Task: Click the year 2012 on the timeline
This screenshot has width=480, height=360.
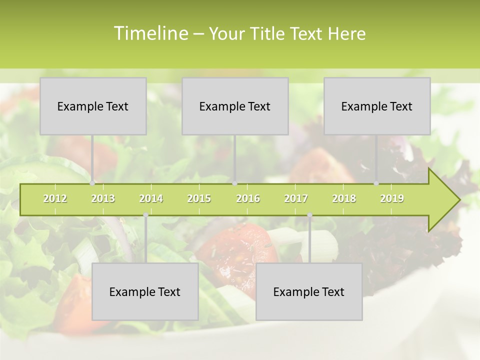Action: coord(55,198)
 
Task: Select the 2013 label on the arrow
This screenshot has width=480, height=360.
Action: coord(103,198)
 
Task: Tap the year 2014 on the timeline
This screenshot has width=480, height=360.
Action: coord(151,198)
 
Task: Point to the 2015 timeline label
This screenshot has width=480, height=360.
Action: coord(199,198)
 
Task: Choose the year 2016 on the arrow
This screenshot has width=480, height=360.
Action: coord(248,198)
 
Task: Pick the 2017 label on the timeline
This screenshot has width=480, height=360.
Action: coord(296,198)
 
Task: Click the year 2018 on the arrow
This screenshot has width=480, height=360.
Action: coord(344,198)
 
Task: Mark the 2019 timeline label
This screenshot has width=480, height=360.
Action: coord(392,198)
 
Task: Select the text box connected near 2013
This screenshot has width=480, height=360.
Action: coord(93,106)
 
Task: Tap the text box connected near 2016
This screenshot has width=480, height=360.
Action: coord(235,106)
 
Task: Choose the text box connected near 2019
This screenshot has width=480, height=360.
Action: coord(377,106)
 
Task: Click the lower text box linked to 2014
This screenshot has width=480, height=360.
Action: coord(145,291)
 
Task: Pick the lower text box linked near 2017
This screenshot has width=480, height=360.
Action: coord(309,291)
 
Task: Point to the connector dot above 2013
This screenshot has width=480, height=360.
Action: coord(92,183)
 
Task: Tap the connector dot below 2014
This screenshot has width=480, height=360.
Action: coord(145,215)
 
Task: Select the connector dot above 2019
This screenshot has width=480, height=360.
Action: coord(376,183)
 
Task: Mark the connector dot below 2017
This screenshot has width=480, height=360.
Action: coord(309,215)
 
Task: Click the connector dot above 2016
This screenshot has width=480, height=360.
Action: coord(235,183)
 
